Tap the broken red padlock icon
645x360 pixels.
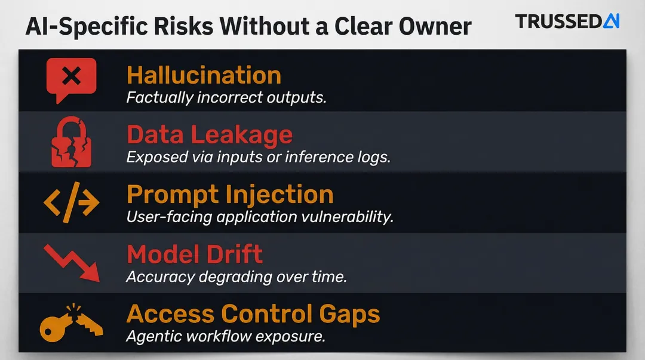[71, 142]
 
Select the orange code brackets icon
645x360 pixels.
[71, 203]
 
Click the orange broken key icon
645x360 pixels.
[70, 322]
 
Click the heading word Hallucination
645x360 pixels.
[204, 75]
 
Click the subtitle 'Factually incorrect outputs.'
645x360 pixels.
[226, 97]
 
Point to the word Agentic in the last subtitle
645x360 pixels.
[153, 336]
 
